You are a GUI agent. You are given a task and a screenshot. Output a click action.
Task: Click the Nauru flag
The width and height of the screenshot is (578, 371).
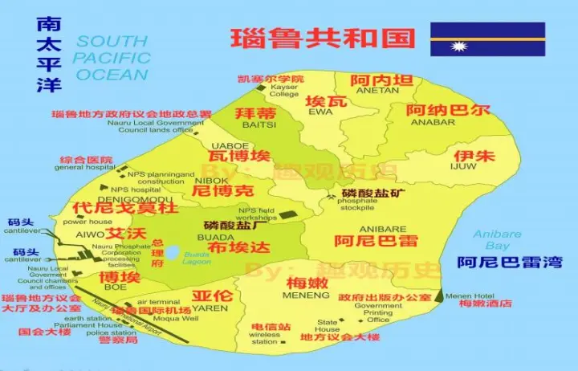(x=487, y=39)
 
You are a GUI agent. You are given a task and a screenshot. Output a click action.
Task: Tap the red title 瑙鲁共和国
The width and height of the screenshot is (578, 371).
(x=323, y=38)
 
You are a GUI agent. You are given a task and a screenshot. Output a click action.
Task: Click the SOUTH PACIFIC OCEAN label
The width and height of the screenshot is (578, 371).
(x=112, y=58)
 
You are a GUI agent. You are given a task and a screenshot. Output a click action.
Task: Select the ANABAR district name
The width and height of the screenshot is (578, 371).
(x=433, y=122)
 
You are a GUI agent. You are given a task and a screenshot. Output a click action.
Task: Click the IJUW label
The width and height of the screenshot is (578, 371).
(x=463, y=167)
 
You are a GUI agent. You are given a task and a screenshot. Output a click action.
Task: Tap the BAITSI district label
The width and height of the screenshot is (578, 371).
(x=255, y=125)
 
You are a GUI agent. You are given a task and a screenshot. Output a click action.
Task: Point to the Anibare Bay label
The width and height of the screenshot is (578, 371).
(x=497, y=240)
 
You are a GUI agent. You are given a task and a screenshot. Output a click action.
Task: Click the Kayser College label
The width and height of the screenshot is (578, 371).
(x=284, y=90)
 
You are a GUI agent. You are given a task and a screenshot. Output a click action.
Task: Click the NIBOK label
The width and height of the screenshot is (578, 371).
(x=212, y=180)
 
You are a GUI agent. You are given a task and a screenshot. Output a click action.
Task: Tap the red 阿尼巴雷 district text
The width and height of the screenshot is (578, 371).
(x=364, y=240)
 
